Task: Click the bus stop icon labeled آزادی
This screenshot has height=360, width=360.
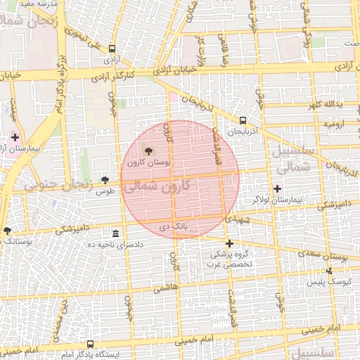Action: pos(113,50)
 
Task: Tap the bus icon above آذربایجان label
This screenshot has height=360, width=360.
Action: pos(243,120)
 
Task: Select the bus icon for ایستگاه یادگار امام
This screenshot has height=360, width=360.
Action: pos(90,345)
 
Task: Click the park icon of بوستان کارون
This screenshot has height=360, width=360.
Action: pos(148,150)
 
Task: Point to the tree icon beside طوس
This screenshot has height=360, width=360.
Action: pos(105,180)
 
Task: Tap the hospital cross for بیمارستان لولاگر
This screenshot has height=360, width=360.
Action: pos(278,188)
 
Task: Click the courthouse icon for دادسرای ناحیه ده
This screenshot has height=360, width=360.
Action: pos(115,233)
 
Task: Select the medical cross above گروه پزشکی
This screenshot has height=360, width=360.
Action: pos(229,243)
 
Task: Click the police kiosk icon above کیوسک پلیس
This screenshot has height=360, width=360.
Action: pos(330,271)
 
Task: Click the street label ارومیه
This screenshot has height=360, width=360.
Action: pos(333,123)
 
